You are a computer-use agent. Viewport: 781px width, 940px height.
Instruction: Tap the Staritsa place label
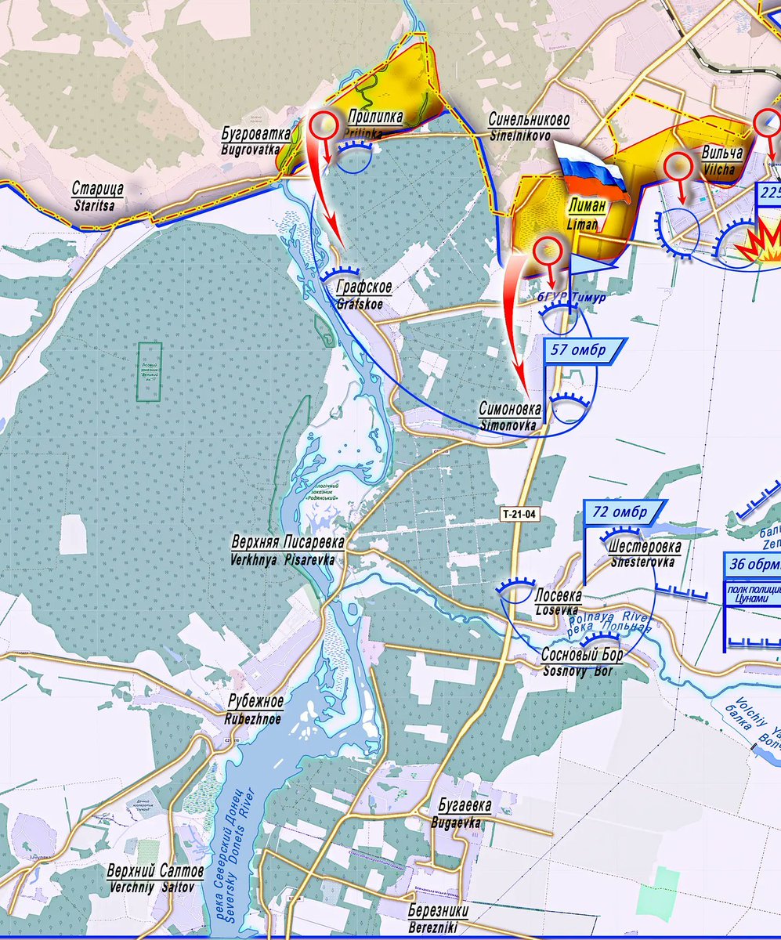tap(97, 195)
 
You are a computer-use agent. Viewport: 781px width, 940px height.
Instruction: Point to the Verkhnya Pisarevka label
tap(283, 550)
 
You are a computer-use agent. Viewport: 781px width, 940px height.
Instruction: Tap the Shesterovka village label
tap(644, 553)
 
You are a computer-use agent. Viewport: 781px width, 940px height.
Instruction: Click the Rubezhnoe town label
tap(255, 707)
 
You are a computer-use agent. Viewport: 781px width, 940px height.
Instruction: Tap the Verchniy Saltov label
tap(155, 877)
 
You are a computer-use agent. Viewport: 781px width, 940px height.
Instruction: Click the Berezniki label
tap(439, 916)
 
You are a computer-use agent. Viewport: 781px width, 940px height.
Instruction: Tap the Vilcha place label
tap(718, 160)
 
